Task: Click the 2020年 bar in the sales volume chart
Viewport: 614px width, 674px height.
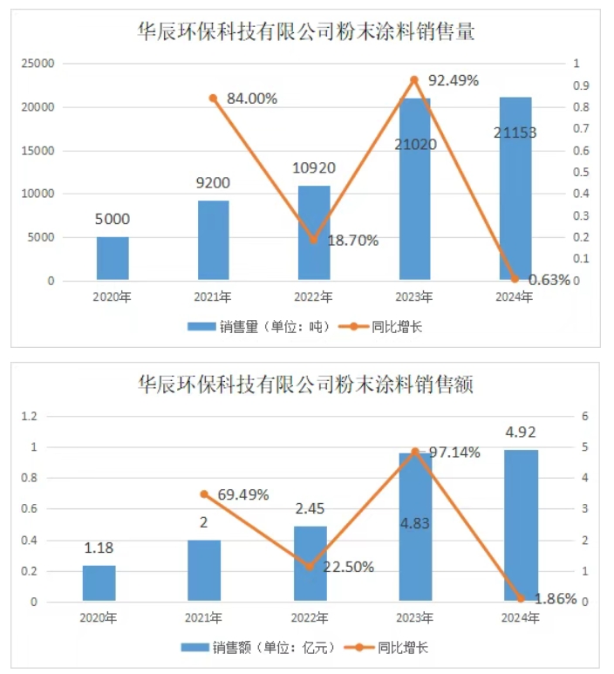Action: coord(113,258)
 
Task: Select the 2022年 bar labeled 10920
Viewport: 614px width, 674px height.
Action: coord(314,233)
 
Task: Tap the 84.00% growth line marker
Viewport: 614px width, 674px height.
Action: coord(213,98)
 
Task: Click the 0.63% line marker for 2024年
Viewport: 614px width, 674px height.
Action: coord(515,279)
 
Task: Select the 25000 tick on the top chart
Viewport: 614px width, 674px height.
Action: coord(38,64)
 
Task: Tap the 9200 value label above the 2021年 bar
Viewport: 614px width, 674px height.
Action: coord(213,183)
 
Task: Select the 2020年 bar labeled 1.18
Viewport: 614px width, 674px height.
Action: coord(99,582)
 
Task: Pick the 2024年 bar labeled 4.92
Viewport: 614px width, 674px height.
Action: coord(522,525)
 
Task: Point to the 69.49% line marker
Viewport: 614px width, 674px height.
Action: coord(204,494)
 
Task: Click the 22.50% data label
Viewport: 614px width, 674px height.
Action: coord(348,567)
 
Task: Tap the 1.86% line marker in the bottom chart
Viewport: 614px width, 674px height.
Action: coord(521,598)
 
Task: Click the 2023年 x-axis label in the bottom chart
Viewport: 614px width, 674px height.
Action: coord(415,618)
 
